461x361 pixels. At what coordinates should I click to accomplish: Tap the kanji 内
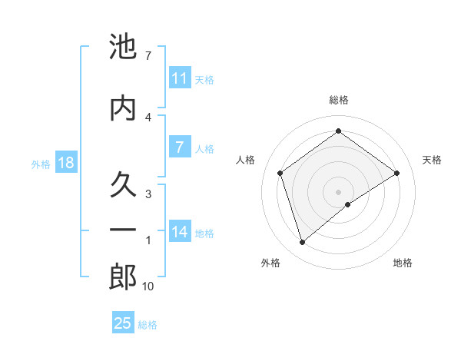pyautogui.click(x=123, y=108)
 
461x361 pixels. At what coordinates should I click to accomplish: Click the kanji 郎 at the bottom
pyautogui.click(x=123, y=277)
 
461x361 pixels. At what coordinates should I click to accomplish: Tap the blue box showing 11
pyautogui.click(x=179, y=78)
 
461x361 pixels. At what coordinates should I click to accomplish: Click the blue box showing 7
pyautogui.click(x=179, y=147)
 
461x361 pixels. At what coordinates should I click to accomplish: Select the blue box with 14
pyautogui.click(x=179, y=232)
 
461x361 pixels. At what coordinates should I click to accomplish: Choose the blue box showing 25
pyautogui.click(x=123, y=323)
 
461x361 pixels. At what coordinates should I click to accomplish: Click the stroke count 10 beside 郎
pyautogui.click(x=148, y=286)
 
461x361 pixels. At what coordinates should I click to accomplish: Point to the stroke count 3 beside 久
pyautogui.click(x=148, y=194)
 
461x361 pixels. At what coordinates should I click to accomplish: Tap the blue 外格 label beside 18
pyautogui.click(x=41, y=164)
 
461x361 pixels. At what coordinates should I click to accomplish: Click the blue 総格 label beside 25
pyautogui.click(x=148, y=325)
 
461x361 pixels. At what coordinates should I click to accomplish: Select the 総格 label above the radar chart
pyautogui.click(x=338, y=100)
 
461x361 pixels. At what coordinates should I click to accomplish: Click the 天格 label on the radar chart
pyautogui.click(x=433, y=160)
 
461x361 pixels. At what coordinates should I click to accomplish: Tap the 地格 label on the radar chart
pyautogui.click(x=403, y=263)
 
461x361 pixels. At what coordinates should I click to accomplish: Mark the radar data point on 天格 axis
pyautogui.click(x=396, y=173)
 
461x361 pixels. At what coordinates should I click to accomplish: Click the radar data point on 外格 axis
pyautogui.click(x=302, y=243)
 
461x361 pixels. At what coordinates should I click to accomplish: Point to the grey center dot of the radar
pyautogui.click(x=338, y=191)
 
